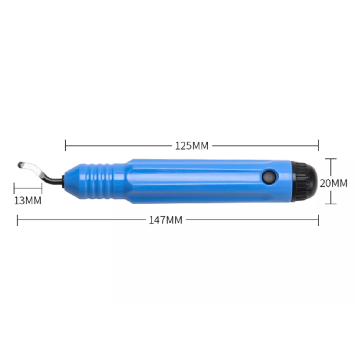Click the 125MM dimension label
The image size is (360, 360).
click(192, 146)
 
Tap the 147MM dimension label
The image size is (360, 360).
click(166, 220)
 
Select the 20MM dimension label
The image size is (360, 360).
click(333, 183)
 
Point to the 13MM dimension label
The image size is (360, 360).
click(28, 200)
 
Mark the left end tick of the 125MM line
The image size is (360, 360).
click(65, 146)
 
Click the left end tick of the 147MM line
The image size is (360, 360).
click(17, 220)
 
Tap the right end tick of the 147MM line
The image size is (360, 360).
click(318, 220)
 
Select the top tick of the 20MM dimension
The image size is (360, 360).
click(331, 159)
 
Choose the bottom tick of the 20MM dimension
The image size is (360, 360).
click(331, 204)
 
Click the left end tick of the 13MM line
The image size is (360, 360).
click(14, 188)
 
